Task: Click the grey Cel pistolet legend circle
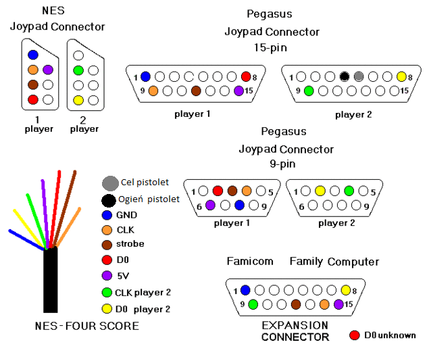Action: pyautogui.click(x=109, y=183)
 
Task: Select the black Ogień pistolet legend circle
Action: pyautogui.click(x=107, y=200)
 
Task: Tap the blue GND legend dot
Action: pyautogui.click(x=107, y=215)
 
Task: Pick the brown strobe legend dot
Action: pyautogui.click(x=107, y=244)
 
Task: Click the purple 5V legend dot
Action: pyautogui.click(x=107, y=276)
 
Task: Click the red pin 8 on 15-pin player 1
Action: pyautogui.click(x=245, y=77)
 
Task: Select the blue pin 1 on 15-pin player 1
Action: pyautogui.click(x=145, y=77)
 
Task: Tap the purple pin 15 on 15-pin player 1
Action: pyautogui.click(x=238, y=91)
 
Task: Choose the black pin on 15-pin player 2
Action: pyautogui.click(x=345, y=77)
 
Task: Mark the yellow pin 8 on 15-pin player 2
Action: pyautogui.click(x=401, y=77)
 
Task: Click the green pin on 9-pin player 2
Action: pyautogui.click(x=349, y=191)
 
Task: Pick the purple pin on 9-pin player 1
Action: pyautogui.click(x=210, y=205)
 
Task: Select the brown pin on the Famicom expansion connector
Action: pyautogui.click(x=295, y=304)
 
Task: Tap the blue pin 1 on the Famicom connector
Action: pyautogui.click(x=245, y=291)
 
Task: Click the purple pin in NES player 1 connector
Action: pyautogui.click(x=47, y=70)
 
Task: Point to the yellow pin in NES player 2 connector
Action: pyautogui.click(x=78, y=100)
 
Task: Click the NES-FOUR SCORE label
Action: pyautogui.click(x=86, y=327)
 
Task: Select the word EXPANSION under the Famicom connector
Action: pyautogui.click(x=295, y=326)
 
